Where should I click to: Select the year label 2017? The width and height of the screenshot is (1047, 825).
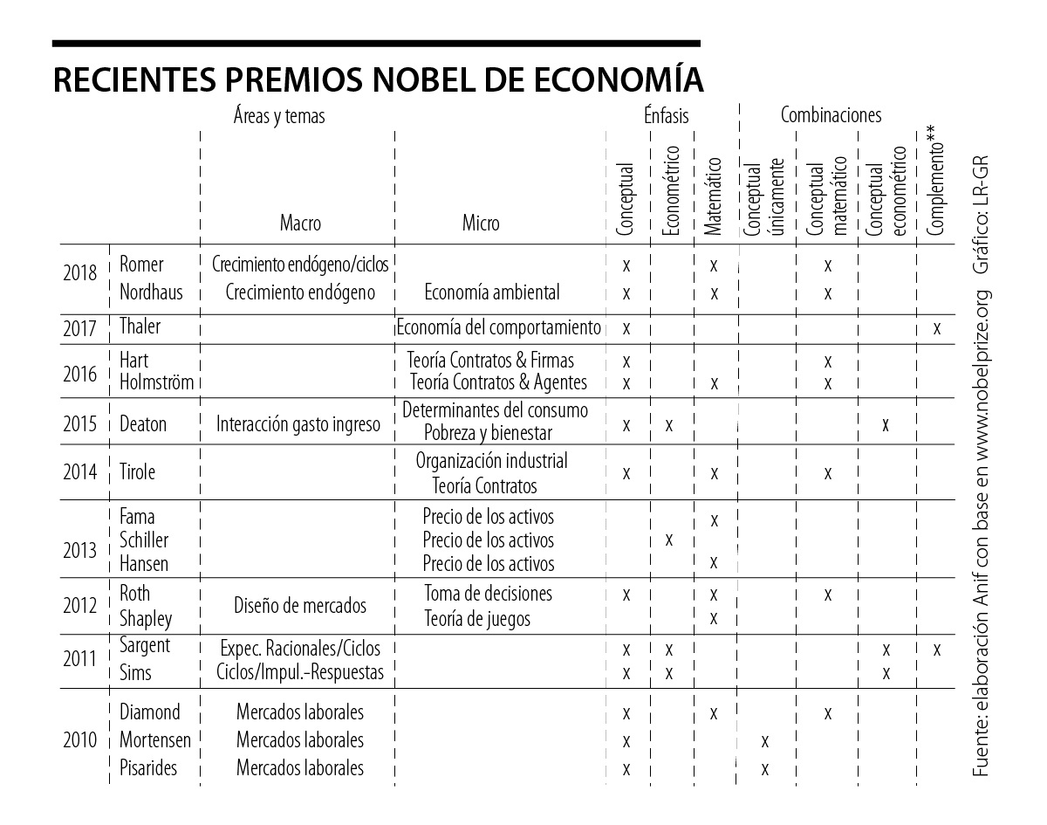click(80, 329)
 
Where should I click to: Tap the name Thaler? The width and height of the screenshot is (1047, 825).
click(140, 327)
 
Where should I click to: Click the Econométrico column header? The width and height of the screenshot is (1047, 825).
click(670, 191)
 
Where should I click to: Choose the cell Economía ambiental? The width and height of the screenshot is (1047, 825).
click(491, 292)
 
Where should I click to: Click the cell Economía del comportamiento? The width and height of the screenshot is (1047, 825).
click(498, 328)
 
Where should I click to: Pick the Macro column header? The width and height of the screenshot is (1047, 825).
click(300, 223)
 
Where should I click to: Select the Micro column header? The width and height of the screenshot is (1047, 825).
click(481, 223)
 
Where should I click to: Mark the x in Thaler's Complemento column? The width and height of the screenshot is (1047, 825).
click(936, 329)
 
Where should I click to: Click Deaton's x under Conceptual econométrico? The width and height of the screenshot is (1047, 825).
click(886, 425)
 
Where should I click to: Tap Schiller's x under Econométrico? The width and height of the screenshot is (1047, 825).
click(669, 540)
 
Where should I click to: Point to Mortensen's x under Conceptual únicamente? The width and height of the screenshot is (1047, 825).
click(765, 741)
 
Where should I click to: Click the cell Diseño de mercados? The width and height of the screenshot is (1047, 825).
click(300, 606)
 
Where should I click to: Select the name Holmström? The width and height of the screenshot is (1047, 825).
click(155, 382)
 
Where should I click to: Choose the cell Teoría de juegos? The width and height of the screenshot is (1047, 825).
click(477, 619)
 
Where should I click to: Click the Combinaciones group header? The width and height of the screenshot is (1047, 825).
click(831, 115)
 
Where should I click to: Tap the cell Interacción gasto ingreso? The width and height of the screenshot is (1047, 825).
click(298, 425)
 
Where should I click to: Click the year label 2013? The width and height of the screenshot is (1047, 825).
click(80, 552)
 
